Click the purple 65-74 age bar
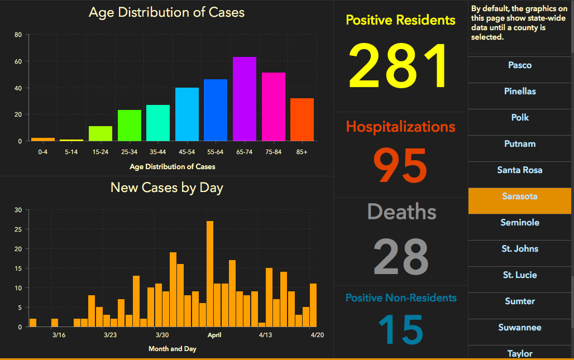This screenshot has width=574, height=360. click(245, 99)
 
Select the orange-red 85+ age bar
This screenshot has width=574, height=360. click(302, 119)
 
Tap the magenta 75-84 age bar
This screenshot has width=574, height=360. click(274, 107)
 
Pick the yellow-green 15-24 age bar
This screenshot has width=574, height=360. click(101, 133)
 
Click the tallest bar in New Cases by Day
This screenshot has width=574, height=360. click(210, 273)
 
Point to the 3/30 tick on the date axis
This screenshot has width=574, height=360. click(162, 335)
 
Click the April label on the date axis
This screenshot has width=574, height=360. click(214, 335)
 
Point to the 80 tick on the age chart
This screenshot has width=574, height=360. click(18, 35)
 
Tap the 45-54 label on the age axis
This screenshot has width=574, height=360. click(186, 152)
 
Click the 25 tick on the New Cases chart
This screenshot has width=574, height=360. click(18, 229)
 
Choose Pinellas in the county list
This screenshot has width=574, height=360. click(519, 91)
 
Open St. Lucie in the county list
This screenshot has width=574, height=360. click(519, 275)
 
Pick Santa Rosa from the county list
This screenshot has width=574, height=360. click(519, 170)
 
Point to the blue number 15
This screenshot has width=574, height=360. click(400, 329)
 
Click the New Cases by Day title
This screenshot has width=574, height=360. click(166, 188)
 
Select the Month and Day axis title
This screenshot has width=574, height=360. click(172, 349)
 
